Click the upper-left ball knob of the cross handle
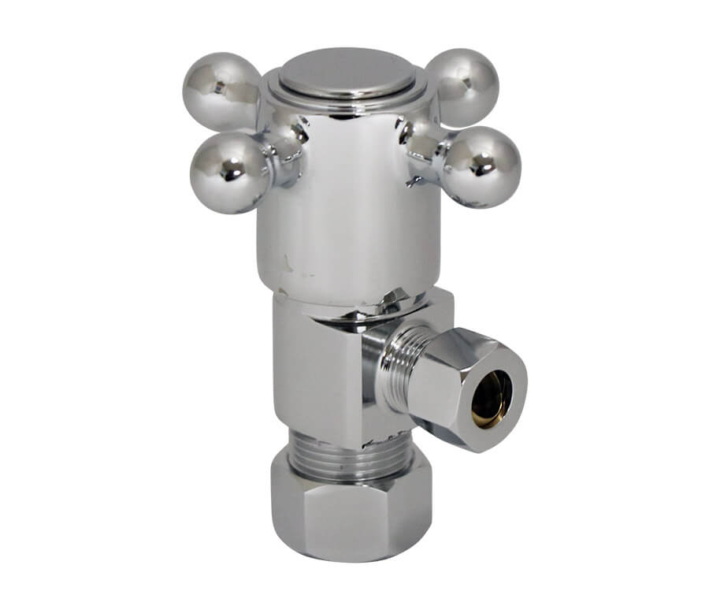click(x=221, y=89)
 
